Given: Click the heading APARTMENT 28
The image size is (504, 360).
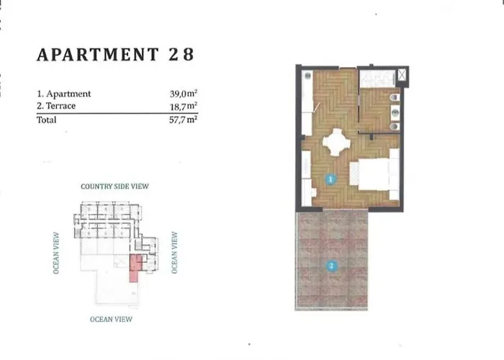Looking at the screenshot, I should [x=114, y=55].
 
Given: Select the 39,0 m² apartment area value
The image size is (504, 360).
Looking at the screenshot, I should [x=183, y=94].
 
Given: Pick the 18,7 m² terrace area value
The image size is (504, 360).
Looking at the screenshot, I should [x=183, y=106].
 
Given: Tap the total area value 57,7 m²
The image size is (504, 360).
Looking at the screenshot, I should [x=183, y=120].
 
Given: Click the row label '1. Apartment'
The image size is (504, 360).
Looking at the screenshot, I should [x=64, y=94].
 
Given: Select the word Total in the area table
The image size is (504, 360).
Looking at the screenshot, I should [x=47, y=120].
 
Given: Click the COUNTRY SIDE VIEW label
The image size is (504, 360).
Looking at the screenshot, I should [x=114, y=186].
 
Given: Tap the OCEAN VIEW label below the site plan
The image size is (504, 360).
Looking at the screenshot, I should [x=111, y=319].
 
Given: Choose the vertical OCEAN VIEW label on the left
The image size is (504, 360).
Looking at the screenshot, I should [x=57, y=253].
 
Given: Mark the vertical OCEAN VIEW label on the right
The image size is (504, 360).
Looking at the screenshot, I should [x=174, y=252].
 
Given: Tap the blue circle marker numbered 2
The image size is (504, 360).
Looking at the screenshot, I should [x=330, y=265].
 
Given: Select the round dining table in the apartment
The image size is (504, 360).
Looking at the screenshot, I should [x=336, y=143].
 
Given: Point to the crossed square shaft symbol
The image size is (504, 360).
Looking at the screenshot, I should [x=401, y=74].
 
